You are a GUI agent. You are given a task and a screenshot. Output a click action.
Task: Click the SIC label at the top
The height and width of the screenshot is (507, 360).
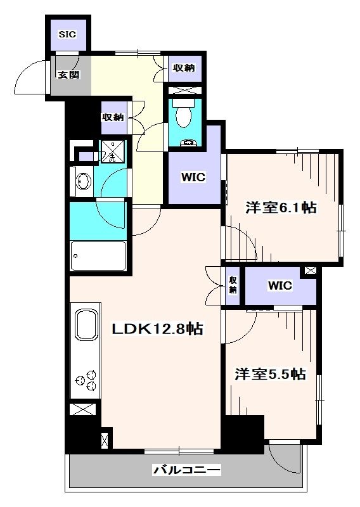click(x=67, y=34)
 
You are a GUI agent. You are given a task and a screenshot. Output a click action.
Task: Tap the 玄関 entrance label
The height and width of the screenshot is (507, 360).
click(x=68, y=74)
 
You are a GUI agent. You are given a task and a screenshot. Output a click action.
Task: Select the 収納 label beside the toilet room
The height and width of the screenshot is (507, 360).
click(x=184, y=68)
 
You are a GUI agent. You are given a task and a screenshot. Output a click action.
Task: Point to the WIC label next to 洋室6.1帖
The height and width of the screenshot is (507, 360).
click(x=193, y=177)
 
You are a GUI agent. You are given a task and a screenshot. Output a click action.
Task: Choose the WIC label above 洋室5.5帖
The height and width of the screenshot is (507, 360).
click(x=280, y=285)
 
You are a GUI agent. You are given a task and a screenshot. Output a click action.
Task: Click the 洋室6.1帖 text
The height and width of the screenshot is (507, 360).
click(x=281, y=207)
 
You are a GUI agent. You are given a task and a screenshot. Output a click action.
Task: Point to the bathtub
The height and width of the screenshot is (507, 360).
click(x=98, y=257)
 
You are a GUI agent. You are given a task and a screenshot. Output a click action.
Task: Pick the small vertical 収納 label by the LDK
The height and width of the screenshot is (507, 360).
click(x=233, y=285)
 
